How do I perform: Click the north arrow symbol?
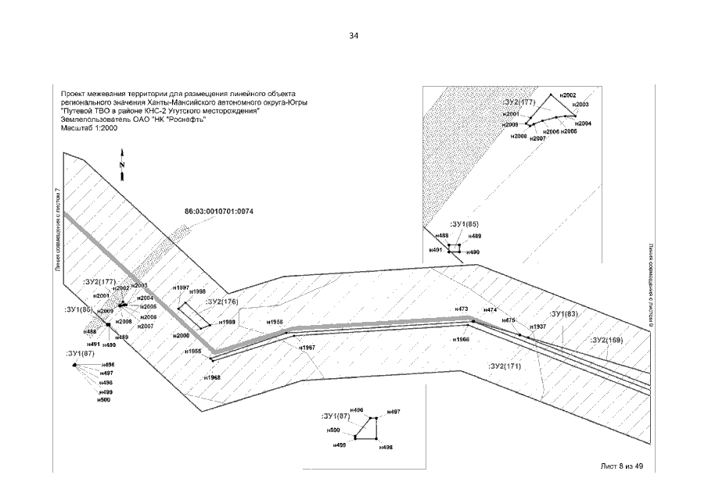[x=122, y=166]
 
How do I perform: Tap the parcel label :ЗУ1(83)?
[x=564, y=314]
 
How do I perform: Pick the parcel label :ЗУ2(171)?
[x=504, y=366]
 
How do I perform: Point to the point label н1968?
[x=211, y=377]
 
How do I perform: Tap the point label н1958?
[x=274, y=322]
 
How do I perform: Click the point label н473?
[x=462, y=309]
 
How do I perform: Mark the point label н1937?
[x=537, y=327]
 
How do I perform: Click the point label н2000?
[x=181, y=334]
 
